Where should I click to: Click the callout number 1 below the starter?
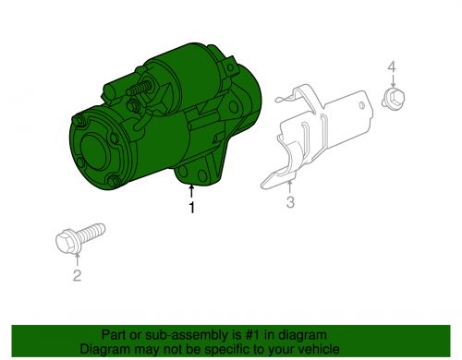(x=191, y=208)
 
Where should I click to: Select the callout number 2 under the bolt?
(x=77, y=275)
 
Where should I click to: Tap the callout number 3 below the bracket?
(x=290, y=202)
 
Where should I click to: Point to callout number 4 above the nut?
(x=392, y=66)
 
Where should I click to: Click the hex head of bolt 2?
(x=66, y=242)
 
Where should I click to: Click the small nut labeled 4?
(x=394, y=98)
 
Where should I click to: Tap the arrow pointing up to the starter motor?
(x=191, y=191)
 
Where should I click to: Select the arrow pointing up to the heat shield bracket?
(x=290, y=187)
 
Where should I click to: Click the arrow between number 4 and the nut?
(x=393, y=80)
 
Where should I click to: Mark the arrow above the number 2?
(x=77, y=258)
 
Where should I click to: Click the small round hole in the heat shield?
(x=362, y=105)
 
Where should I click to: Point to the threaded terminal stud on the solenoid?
(x=140, y=88)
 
